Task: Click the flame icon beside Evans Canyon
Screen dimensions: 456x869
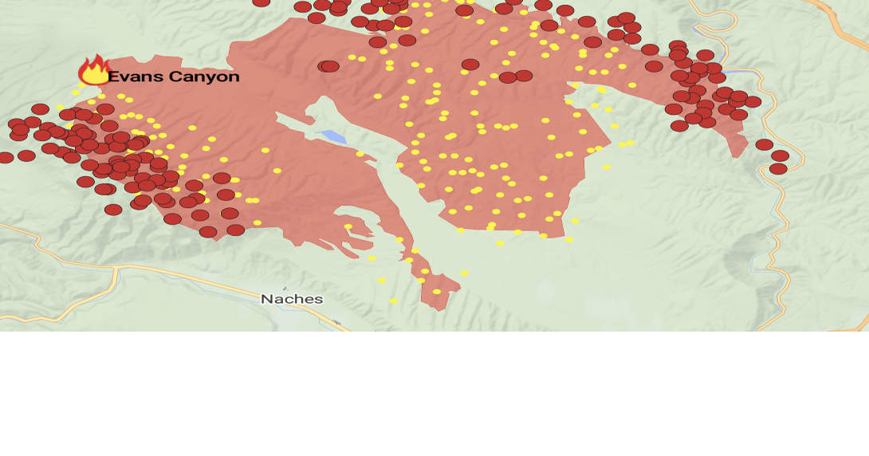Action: [x=94, y=71]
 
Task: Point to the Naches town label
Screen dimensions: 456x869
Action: [x=292, y=299]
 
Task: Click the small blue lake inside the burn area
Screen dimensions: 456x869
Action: [x=332, y=136]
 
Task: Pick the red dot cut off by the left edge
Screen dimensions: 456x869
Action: [x=4, y=158]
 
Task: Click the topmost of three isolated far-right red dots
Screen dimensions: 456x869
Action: [x=764, y=145]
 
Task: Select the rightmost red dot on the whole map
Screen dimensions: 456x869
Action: [x=780, y=156]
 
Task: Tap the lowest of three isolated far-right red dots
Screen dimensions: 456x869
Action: [x=777, y=169]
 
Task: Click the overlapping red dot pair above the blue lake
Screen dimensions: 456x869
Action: [x=328, y=66]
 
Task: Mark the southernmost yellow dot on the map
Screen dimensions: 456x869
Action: [x=393, y=301]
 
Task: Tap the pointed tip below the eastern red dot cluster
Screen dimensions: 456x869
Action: [x=739, y=153]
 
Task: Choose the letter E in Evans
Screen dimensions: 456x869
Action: [x=113, y=77]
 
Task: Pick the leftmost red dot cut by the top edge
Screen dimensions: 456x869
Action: [x=261, y=2]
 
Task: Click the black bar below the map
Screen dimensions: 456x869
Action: [x=434, y=394]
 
